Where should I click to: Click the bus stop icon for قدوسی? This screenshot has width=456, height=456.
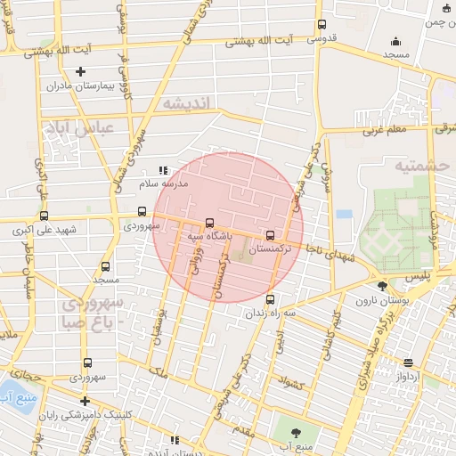pos(322,24)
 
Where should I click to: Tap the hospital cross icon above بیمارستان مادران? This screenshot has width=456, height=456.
pos(81,71)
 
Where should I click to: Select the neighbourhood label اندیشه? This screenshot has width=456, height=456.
pos(186,103)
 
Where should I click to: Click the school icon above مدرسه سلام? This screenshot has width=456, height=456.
pos(162,169)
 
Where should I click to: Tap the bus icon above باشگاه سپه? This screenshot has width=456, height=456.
pos(209,223)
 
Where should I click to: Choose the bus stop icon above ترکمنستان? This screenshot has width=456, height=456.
pos(270,235)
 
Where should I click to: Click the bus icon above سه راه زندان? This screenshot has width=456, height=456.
pos(270,299)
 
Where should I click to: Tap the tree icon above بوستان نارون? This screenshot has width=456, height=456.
pos(382,286)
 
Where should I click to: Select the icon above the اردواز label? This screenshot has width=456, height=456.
pos(408,362)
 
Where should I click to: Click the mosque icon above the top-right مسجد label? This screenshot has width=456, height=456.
pos(395,41)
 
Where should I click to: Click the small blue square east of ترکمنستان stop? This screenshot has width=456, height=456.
pos(344,215)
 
